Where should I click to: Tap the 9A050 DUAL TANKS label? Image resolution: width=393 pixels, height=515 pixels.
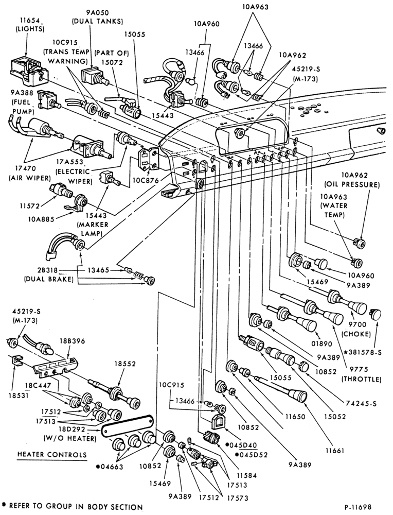[97, 18]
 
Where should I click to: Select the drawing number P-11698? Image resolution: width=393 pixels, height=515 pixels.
[358, 507]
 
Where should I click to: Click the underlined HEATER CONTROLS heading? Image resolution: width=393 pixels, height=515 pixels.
[51, 455]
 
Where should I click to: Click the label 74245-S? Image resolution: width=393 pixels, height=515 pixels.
[361, 404]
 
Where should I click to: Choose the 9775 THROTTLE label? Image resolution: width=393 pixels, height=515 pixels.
[361, 374]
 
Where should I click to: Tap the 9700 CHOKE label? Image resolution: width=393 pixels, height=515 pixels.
[356, 330]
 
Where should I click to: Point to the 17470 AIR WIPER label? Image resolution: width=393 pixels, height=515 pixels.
[28, 174]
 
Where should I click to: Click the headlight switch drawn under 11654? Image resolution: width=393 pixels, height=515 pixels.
[28, 71]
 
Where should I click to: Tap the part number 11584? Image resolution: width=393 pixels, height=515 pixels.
[246, 475]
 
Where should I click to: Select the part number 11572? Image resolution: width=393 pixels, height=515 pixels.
[29, 206]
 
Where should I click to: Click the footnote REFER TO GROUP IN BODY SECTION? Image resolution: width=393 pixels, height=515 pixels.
[76, 506]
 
